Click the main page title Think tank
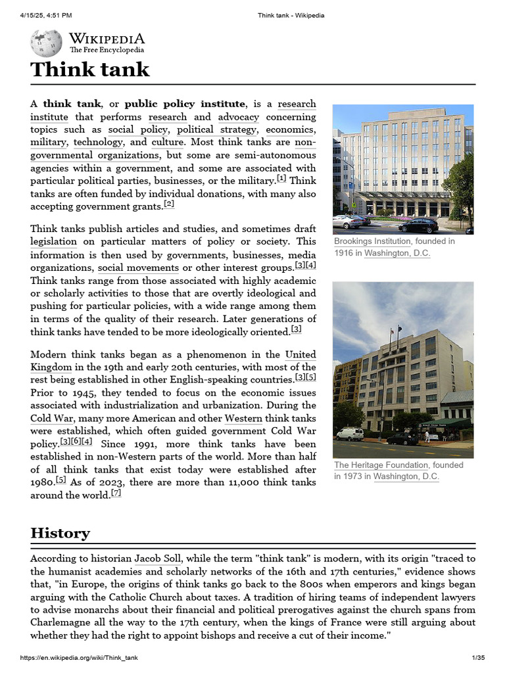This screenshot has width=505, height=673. pos(90,69)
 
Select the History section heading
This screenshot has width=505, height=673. pos(60,532)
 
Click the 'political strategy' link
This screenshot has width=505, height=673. pos(216,129)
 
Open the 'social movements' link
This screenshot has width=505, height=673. pos(138,268)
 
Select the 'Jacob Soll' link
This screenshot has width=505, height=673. pos(158,559)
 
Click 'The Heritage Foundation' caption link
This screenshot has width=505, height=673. pos(380,465)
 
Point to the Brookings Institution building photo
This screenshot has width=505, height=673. pos(402,169)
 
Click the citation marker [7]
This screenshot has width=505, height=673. pos(116,494)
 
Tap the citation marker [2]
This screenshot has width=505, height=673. pos(169,204)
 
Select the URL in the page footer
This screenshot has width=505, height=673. pos(79,658)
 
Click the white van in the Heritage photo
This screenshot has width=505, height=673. pos(350,434)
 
